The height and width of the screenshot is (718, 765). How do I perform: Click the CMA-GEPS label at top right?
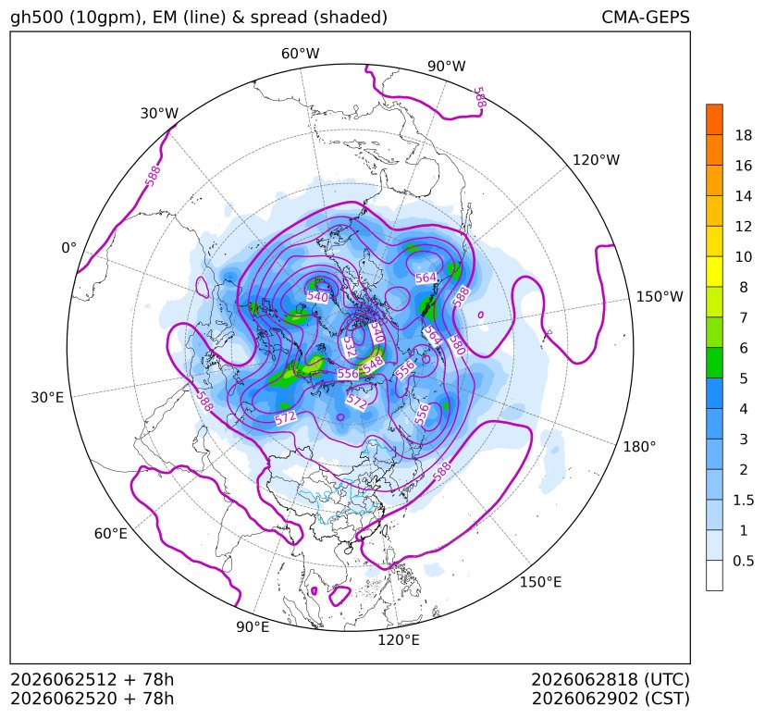(646, 17)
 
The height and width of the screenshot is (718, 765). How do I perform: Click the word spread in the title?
(278, 19)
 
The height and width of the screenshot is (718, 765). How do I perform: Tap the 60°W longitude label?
(300, 54)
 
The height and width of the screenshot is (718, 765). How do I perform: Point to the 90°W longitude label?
(447, 66)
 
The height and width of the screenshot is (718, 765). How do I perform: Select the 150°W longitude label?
(660, 297)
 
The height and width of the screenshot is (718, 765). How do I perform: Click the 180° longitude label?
(639, 447)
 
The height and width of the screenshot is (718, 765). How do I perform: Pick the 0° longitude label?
(68, 248)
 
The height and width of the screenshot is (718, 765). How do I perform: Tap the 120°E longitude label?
(399, 640)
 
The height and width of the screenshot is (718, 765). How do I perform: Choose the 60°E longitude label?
(111, 534)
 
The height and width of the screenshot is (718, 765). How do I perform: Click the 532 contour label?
(349, 345)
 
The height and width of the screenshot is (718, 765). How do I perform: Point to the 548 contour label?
(373, 363)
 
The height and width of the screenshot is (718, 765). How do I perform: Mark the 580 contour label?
(457, 344)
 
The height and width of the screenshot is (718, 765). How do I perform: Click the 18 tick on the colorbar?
(744, 135)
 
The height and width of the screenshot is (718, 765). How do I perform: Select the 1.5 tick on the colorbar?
(744, 500)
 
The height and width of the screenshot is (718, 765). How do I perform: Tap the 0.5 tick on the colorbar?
(744, 561)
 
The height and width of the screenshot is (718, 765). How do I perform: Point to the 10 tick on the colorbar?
(744, 256)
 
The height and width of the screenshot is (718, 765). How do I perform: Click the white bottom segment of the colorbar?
(714, 576)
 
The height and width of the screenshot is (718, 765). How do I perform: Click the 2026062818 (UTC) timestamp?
(611, 679)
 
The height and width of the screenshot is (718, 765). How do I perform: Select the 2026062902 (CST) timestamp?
(611, 699)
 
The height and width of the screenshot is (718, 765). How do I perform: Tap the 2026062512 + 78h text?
(92, 679)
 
